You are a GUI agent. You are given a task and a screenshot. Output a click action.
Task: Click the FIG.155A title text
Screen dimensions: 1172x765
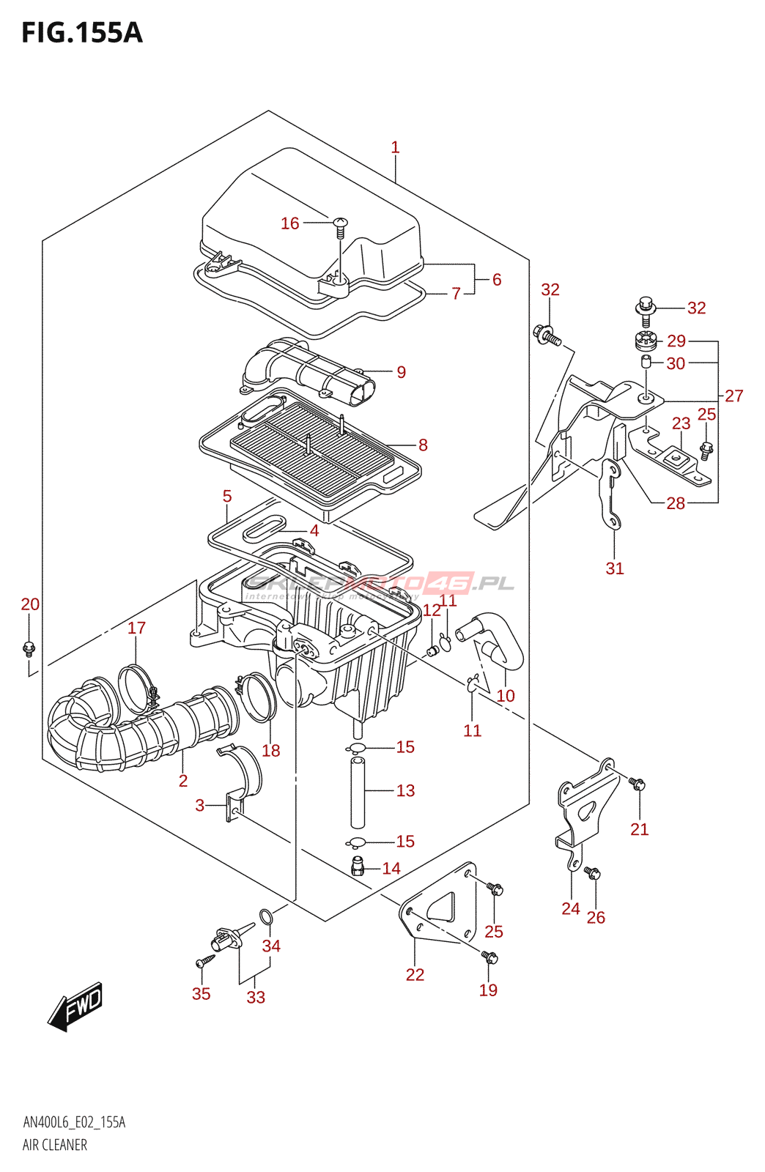point(81,33)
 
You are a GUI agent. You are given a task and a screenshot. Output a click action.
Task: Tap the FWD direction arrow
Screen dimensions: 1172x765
point(75,1006)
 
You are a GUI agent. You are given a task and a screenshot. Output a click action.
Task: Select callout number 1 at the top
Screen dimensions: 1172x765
point(395,148)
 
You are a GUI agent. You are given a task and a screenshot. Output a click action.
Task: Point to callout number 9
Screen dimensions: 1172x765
point(401,372)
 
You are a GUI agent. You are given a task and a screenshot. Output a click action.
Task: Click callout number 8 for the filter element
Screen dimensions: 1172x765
point(423,445)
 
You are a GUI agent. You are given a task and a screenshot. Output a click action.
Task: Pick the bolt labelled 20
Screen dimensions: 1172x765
point(29,648)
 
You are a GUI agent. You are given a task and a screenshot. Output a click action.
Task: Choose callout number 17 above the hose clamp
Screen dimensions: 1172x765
point(137,628)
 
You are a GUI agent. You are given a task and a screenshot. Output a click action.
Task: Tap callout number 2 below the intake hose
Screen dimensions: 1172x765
point(183,781)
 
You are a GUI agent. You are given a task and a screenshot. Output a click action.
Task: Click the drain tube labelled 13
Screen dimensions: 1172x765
point(357,793)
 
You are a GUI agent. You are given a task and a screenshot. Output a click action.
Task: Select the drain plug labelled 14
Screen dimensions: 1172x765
point(358,866)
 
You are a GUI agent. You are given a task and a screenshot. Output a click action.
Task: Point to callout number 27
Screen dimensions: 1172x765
point(733,396)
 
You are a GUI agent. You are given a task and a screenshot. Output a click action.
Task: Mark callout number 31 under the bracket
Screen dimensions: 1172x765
point(615,568)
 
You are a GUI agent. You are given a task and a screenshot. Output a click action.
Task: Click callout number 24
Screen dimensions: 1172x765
point(571,909)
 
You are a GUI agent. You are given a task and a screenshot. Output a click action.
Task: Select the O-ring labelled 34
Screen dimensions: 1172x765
point(267,916)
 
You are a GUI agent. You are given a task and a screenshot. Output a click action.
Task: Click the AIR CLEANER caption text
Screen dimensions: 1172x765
point(55,1145)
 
